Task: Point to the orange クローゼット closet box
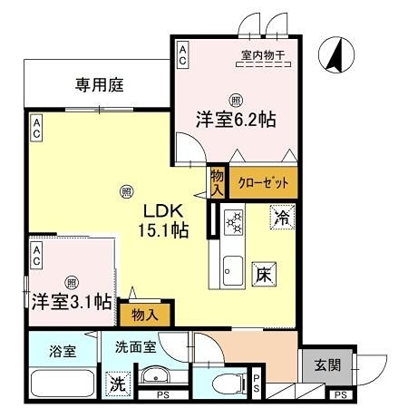263,182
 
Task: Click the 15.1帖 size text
163,230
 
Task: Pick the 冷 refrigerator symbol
283,218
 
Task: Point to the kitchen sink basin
230,267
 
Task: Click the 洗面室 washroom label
133,346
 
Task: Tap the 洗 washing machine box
117,384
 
